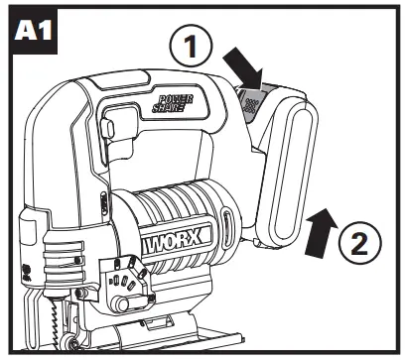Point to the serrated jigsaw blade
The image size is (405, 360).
(43, 323)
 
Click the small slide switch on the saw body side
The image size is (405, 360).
(106, 203)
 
